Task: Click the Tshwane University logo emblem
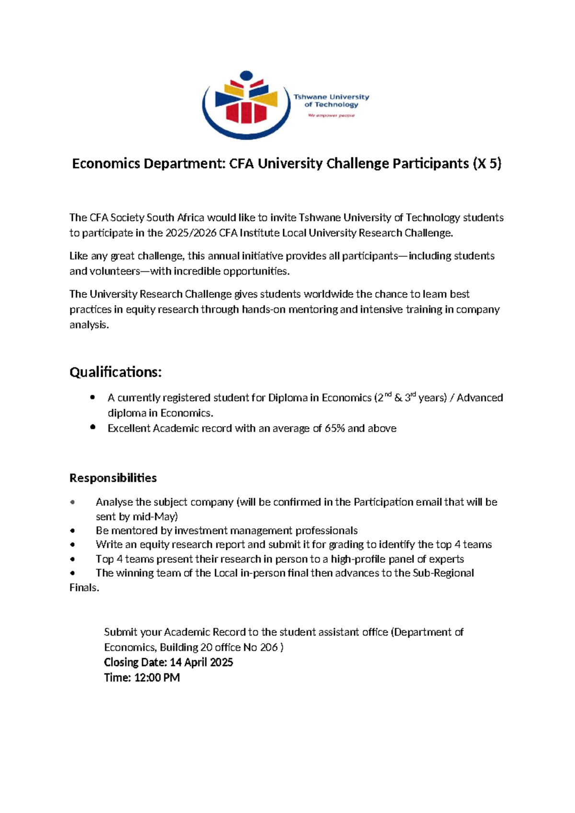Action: (x=246, y=105)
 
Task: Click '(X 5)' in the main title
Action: (x=487, y=164)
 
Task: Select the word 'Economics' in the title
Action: (x=106, y=164)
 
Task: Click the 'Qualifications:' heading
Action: (x=115, y=372)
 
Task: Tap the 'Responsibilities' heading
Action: (x=113, y=478)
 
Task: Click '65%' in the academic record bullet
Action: (x=334, y=429)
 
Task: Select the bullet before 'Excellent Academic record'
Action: (x=93, y=427)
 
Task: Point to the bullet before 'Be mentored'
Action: (x=72, y=531)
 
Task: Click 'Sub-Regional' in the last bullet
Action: (x=443, y=573)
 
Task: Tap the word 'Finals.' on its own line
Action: (x=84, y=588)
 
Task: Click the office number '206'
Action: (x=268, y=648)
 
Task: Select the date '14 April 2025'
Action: (x=201, y=662)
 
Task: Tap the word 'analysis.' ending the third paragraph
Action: (x=89, y=325)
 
